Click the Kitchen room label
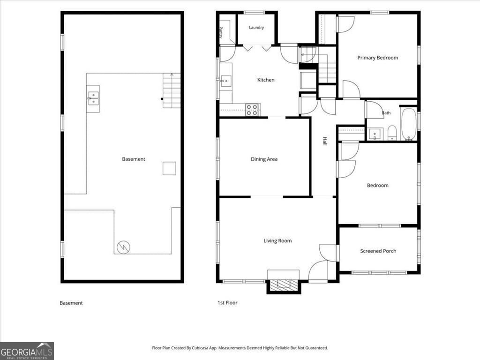point(266,80)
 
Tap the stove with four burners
point(252,110)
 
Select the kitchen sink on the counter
point(226,81)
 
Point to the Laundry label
point(256,28)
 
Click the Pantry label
point(221,32)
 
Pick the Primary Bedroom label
point(377,58)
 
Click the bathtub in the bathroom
point(409,124)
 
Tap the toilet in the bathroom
point(392,133)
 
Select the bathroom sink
point(375,134)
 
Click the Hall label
point(325,141)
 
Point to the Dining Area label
point(264,159)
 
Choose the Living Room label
point(277,241)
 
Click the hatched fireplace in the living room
point(284,285)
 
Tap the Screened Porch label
point(378,251)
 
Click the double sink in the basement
point(93,98)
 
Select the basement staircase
point(172,90)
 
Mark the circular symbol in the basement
point(123,247)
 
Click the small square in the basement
point(169,168)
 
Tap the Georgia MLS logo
point(27,351)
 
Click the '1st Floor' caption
point(227,303)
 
